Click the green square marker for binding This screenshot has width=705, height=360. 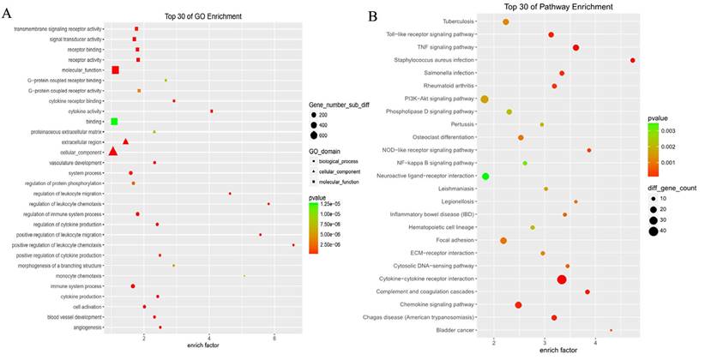point(113,122)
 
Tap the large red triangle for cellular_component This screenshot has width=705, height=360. point(113,152)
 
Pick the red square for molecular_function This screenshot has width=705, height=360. point(115,69)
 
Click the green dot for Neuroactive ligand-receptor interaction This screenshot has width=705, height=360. point(485,177)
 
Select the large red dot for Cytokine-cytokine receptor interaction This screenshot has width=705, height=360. point(562,279)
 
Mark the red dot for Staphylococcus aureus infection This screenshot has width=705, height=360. point(632,60)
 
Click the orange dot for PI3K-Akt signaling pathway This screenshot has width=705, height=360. point(485,99)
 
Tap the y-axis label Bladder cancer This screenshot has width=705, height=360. point(452,331)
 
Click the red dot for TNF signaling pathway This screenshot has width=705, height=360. point(575,48)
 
